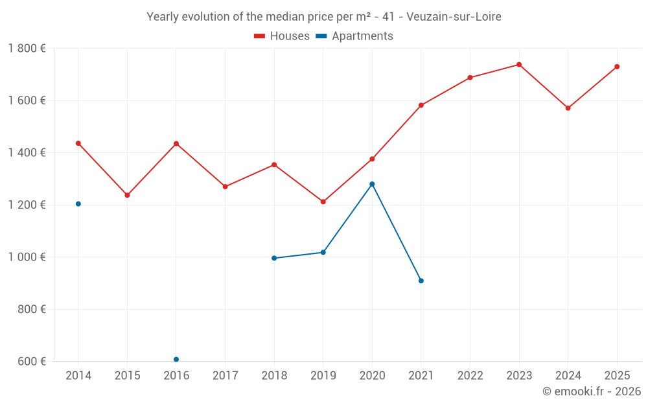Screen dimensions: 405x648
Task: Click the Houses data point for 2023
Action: point(519,65)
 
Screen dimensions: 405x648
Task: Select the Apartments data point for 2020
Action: point(372,184)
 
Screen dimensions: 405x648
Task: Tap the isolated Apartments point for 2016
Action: point(176,359)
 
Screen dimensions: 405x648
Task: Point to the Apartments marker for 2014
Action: point(78,204)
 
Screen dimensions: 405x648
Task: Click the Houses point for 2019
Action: point(323,202)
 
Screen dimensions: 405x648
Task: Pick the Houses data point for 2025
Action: point(617,67)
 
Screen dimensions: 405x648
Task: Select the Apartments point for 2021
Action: point(421,281)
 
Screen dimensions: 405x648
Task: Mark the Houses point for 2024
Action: point(568,108)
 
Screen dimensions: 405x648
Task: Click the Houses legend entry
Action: point(282,36)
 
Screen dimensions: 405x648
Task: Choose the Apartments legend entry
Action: point(354,36)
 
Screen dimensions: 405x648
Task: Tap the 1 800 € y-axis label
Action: point(27,49)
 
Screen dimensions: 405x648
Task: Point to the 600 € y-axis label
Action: point(31,362)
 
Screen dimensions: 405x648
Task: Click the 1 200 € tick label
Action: point(27,205)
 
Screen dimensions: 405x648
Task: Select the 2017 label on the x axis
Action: point(225,376)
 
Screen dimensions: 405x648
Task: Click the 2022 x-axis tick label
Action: point(470,376)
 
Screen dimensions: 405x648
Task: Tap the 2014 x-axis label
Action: point(78,376)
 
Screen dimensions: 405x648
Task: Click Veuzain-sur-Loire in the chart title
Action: point(454,17)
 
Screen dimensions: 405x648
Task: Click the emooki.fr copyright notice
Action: point(591,391)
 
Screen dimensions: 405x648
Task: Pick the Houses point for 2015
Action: point(127,195)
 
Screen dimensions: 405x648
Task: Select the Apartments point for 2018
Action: point(274,258)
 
